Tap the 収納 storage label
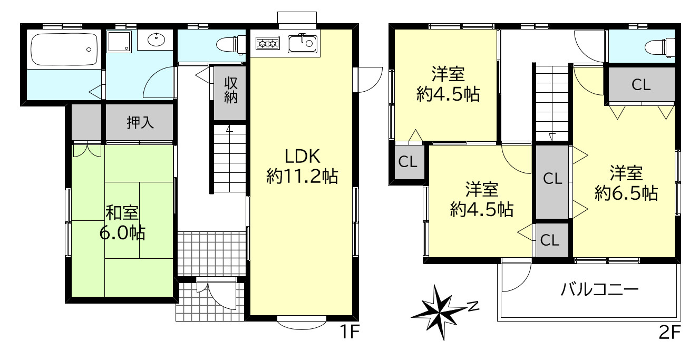tap(230, 90)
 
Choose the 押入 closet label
tap(140, 123)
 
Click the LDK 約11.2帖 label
tap(302, 167)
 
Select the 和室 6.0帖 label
tap(122, 222)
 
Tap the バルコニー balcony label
tap(599, 289)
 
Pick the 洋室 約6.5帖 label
tap(626, 183)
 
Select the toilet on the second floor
tap(662, 47)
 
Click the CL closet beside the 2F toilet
tap(641, 85)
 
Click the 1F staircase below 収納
tap(230, 158)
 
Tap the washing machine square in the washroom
tap(119, 41)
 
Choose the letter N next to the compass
tap(473, 305)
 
